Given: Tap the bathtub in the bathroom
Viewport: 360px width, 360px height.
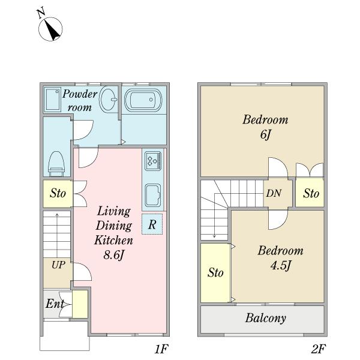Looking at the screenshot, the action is pyautogui.click(x=143, y=100).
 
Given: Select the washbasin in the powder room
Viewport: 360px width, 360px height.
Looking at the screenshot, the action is pyautogui.click(x=108, y=100).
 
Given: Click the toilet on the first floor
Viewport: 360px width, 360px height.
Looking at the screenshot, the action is pyautogui.click(x=56, y=163).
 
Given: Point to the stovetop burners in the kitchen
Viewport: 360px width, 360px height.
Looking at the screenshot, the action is pyautogui.click(x=153, y=160).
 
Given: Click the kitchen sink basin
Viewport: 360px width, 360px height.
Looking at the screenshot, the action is pyautogui.click(x=152, y=195).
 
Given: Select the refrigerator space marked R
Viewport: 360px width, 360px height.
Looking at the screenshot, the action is pyautogui.click(x=152, y=224).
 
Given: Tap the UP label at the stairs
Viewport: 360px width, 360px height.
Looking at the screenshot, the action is pyautogui.click(x=58, y=265).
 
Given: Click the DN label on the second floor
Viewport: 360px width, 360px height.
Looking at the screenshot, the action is pyautogui.click(x=274, y=193).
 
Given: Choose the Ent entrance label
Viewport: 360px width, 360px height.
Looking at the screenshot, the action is pyautogui.click(x=55, y=304).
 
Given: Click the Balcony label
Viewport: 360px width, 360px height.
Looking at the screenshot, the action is pyautogui.click(x=266, y=318).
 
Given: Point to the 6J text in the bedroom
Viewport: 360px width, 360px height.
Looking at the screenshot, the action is pyautogui.click(x=266, y=134).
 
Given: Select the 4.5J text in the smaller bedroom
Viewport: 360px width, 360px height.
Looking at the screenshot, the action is pyautogui.click(x=281, y=265).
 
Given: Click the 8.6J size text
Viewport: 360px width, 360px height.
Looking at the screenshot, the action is pyautogui.click(x=114, y=254).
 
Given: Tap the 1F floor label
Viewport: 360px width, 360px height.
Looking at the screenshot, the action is pyautogui.click(x=161, y=349).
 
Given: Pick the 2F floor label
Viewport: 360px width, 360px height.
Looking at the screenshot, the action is pyautogui.click(x=319, y=349).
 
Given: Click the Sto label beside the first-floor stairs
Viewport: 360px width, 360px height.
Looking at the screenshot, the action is pyautogui.click(x=58, y=193).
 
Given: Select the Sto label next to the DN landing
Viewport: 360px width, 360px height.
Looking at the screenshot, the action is pyautogui.click(x=311, y=193).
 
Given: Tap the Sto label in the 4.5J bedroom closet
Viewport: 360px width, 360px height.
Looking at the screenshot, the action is pyautogui.click(x=215, y=273).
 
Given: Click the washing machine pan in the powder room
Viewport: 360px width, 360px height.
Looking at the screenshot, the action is pyautogui.click(x=53, y=100).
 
